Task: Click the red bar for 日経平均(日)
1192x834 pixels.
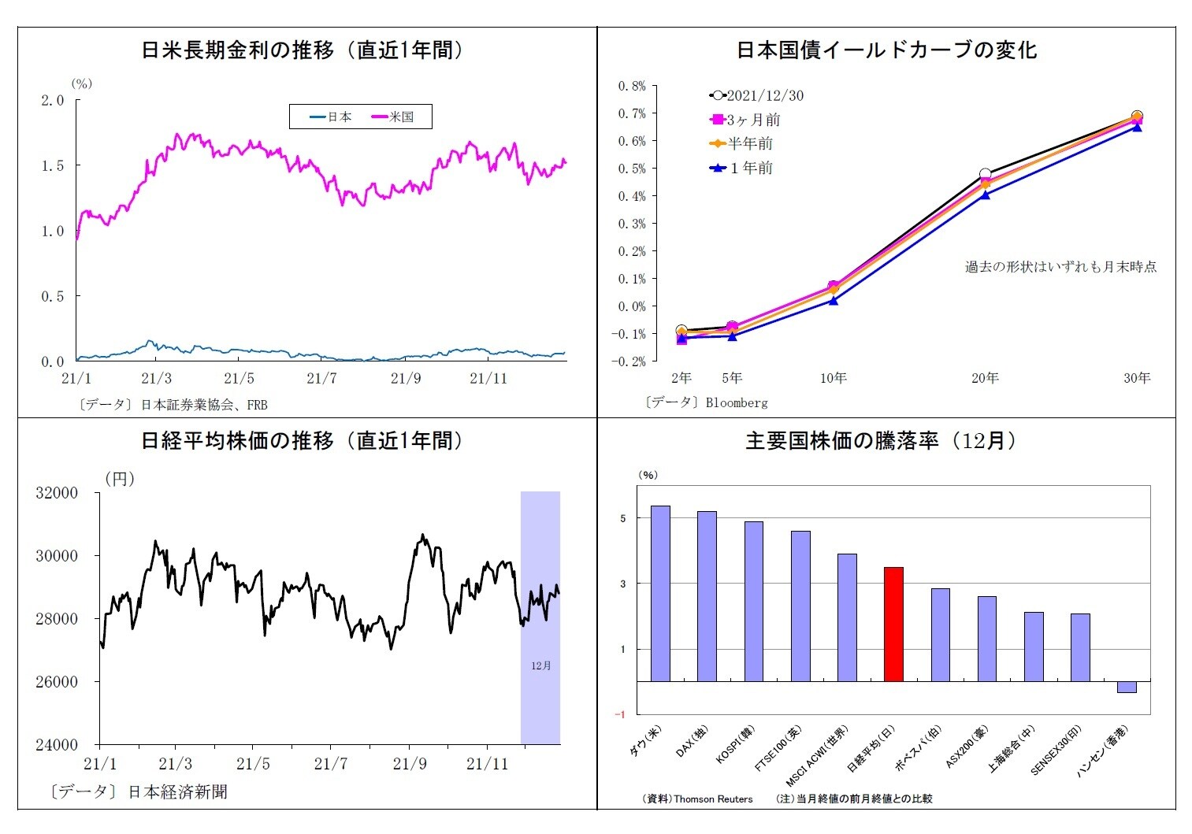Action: pyautogui.click(x=893, y=624)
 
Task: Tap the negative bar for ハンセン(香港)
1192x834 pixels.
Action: pyautogui.click(x=1126, y=687)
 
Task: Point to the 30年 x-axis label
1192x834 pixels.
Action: pyautogui.click(x=1136, y=378)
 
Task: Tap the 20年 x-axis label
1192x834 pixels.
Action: pyautogui.click(x=984, y=378)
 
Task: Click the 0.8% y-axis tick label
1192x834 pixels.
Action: pyautogui.click(x=631, y=86)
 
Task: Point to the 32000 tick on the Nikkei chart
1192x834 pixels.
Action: pyautogui.click(x=57, y=493)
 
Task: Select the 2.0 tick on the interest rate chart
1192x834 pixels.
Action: pyautogui.click(x=53, y=100)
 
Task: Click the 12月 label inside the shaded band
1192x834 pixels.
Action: pyautogui.click(x=540, y=665)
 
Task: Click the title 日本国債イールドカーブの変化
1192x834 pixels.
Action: pyautogui.click(x=886, y=50)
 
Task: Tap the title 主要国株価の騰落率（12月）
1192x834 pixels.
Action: pyautogui.click(x=884, y=441)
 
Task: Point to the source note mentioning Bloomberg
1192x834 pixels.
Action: pyautogui.click(x=706, y=402)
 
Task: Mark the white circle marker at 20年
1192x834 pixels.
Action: pyautogui.click(x=985, y=174)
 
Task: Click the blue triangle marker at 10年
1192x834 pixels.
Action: pyautogui.click(x=834, y=300)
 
